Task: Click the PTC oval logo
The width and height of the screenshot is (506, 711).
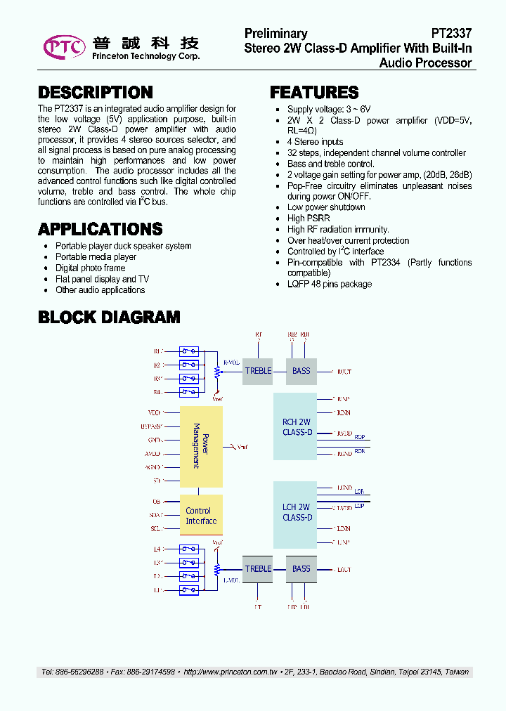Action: (64, 46)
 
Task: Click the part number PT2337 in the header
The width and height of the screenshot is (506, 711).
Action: (451, 34)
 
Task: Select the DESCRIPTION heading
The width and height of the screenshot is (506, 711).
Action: (95, 93)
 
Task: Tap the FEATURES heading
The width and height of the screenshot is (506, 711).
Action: (314, 93)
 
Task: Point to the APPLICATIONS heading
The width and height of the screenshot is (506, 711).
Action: (100, 229)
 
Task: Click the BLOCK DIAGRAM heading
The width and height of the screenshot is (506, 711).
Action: (109, 317)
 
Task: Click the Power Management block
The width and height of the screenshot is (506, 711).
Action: (201, 446)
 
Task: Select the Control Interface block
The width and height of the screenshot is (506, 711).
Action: (201, 516)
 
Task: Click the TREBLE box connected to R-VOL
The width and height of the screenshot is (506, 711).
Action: (258, 371)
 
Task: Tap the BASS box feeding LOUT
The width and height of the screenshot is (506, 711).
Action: (301, 569)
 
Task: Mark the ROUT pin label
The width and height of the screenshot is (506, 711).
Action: (344, 371)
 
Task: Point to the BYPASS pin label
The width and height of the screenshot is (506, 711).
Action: (152, 426)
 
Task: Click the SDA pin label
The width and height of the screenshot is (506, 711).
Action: (156, 515)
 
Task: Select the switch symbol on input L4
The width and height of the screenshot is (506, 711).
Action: (189, 549)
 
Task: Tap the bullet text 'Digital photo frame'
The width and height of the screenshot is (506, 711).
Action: (90, 268)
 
